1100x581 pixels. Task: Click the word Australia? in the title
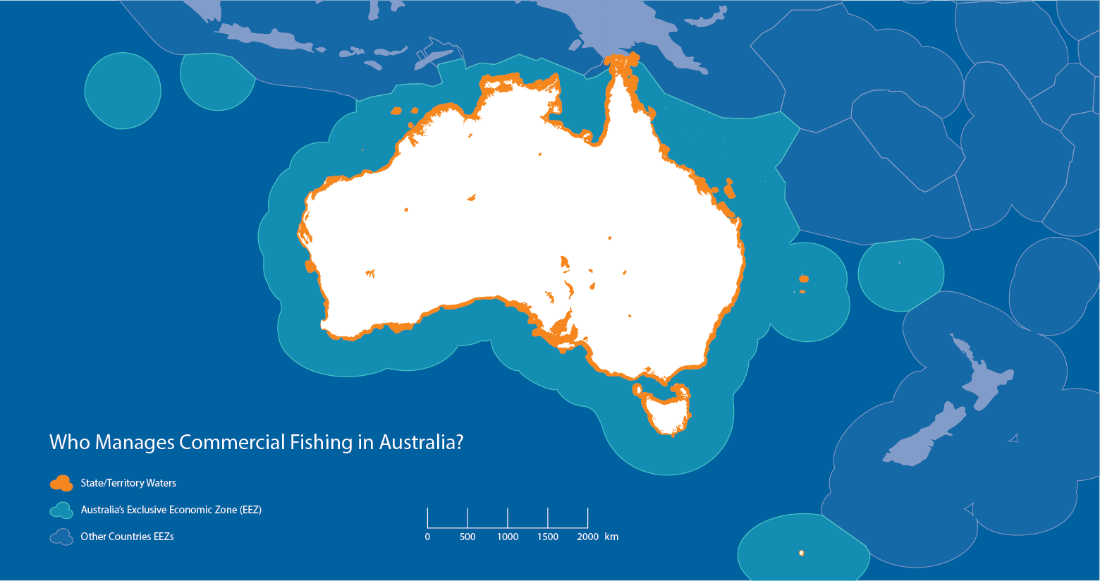click(421, 442)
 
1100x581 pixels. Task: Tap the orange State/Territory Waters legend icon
click(61, 483)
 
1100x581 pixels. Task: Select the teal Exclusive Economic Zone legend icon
click(61, 510)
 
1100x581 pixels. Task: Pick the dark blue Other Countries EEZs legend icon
click(61, 537)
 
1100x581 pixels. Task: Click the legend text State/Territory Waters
click(128, 483)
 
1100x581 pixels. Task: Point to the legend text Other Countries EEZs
click(127, 537)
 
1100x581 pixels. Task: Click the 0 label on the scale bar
click(427, 537)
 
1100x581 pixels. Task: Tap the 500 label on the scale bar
click(468, 537)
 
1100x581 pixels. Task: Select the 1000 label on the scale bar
click(508, 537)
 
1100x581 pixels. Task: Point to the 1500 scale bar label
click(548, 537)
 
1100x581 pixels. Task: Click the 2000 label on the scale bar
click(587, 537)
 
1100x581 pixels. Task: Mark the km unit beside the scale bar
click(611, 537)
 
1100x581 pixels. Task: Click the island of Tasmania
click(666, 412)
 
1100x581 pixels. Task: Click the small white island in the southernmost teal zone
click(802, 553)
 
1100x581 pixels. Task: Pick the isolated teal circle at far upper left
click(123, 91)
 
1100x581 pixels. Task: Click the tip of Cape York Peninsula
click(620, 63)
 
